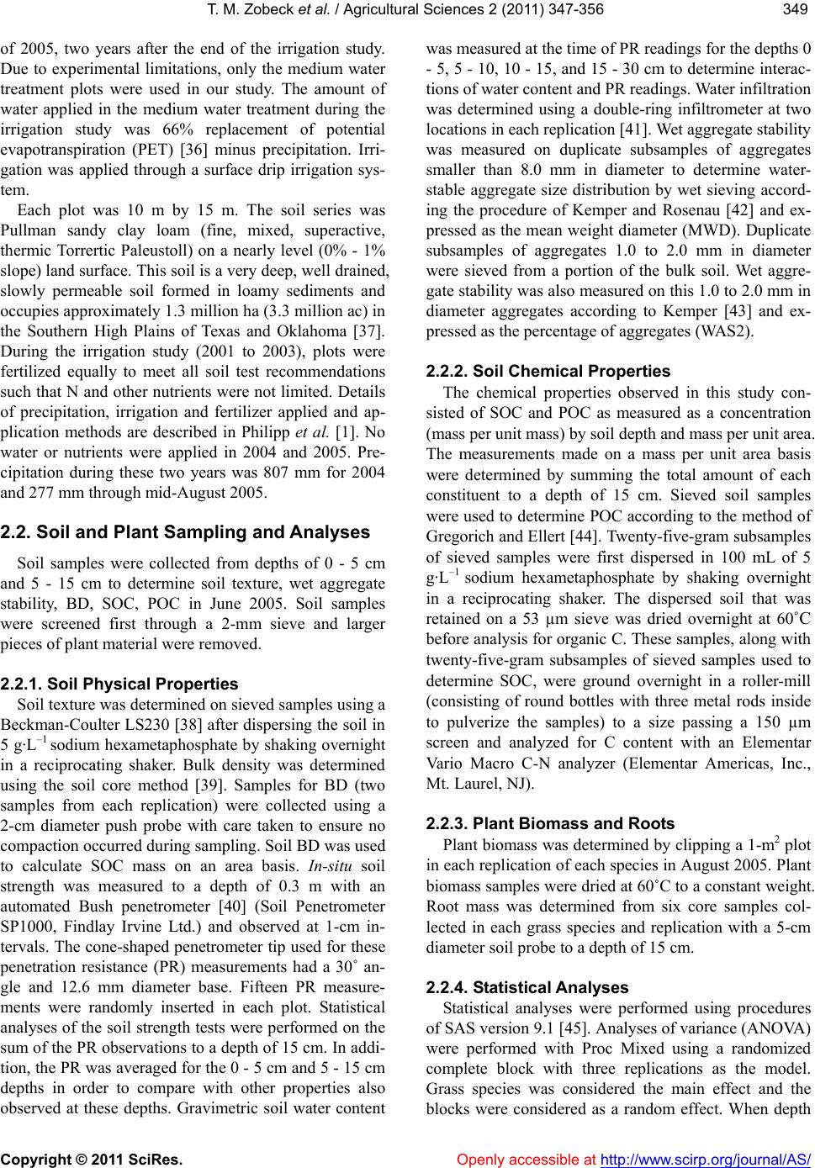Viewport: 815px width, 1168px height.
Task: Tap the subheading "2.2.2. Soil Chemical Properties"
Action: coord(548,371)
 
